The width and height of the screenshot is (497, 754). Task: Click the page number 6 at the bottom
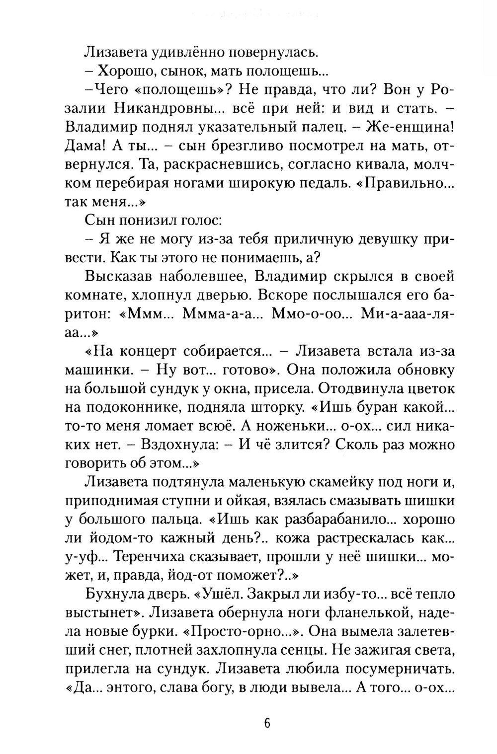click(x=267, y=723)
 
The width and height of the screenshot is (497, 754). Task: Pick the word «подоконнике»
click(x=135, y=407)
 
